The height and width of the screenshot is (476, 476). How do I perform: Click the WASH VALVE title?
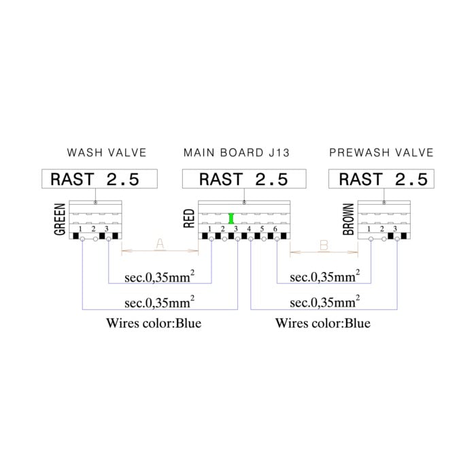click(x=107, y=152)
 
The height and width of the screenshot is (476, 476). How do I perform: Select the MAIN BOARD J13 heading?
click(x=237, y=152)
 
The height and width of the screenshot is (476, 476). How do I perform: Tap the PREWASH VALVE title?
click(x=381, y=152)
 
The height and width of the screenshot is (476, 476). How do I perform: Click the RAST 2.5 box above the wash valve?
click(x=99, y=179)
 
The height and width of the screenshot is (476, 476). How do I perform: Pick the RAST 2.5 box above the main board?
click(x=244, y=179)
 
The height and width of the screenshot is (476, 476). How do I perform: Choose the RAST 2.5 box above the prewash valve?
click(x=381, y=179)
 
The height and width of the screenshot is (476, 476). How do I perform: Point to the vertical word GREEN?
click(x=60, y=219)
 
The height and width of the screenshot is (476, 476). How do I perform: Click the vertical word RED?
click(x=189, y=218)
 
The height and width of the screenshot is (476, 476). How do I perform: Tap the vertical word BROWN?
click(x=348, y=219)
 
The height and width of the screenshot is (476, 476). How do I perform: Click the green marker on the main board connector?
click(x=231, y=218)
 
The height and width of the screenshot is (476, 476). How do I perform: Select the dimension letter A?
click(x=160, y=243)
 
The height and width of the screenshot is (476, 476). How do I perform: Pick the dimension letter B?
click(x=324, y=245)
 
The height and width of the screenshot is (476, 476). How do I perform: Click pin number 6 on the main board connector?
click(x=275, y=229)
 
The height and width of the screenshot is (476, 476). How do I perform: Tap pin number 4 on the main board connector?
click(x=249, y=229)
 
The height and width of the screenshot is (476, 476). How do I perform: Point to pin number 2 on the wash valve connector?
click(x=94, y=229)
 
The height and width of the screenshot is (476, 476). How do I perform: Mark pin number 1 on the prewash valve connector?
click(x=369, y=229)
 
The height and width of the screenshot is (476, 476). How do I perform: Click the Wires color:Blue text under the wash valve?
click(x=154, y=323)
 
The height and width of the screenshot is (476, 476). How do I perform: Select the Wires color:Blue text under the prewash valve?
click(x=323, y=323)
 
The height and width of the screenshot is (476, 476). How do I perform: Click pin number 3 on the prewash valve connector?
click(x=395, y=229)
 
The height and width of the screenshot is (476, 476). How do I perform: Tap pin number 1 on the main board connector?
click(x=209, y=229)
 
